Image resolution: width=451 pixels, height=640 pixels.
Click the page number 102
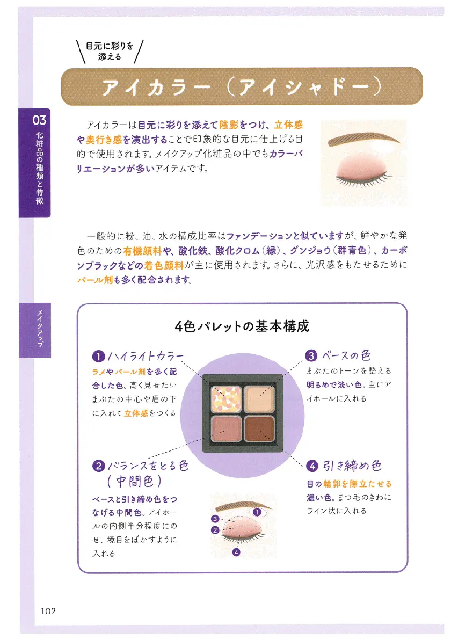coord(48,611)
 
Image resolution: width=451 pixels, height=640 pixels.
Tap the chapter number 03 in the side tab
coord(40,120)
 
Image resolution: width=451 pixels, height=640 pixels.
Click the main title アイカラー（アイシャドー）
coord(242,87)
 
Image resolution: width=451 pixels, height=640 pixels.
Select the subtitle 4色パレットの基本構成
coord(242,326)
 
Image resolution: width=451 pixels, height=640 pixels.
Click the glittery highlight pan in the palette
coord(225,399)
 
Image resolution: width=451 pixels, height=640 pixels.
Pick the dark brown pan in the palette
coord(259,428)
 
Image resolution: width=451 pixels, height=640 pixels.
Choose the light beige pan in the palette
coord(259,399)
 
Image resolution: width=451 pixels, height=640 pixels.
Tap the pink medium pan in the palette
coord(225,428)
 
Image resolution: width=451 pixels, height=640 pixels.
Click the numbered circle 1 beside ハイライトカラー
coord(98,357)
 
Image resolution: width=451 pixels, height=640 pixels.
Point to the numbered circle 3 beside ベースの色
coord(311,355)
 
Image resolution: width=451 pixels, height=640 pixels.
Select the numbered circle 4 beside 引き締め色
coord(312,466)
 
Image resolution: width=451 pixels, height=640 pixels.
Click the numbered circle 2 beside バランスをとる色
coord(98,466)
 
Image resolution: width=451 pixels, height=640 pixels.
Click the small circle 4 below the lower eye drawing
coord(236,552)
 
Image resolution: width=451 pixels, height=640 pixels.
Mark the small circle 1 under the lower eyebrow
coord(257,512)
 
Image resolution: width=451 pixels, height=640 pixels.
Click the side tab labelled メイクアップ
coord(35,330)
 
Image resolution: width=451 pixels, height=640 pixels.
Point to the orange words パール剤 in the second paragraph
coord(94,280)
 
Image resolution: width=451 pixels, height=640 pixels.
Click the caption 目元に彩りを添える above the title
coord(110,52)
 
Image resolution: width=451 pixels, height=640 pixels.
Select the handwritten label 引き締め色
coord(352,466)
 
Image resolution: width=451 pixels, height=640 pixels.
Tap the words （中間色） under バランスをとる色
coord(134,481)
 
